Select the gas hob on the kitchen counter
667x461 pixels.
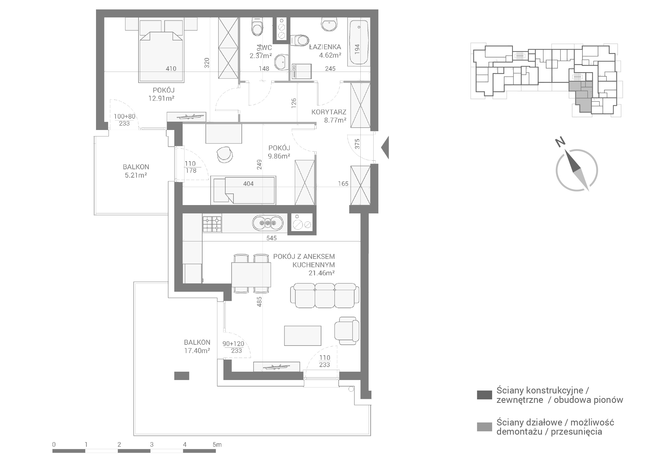212,224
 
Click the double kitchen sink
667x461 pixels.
268,223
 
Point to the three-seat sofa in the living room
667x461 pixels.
325,295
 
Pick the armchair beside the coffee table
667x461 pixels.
347,331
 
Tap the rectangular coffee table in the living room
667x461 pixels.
303,336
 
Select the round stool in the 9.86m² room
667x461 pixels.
225,154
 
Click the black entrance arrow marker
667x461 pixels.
386,147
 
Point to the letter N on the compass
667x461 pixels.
560,142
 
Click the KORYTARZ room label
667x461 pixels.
329,112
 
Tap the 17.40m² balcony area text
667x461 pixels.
197,351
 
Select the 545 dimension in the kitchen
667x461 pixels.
271,238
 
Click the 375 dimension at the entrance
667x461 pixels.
357,144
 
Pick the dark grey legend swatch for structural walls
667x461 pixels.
484,395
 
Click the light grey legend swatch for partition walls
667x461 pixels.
484,427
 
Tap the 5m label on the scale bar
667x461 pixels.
217,445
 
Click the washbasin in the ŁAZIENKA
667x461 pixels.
329,24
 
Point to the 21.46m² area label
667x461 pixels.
321,273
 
